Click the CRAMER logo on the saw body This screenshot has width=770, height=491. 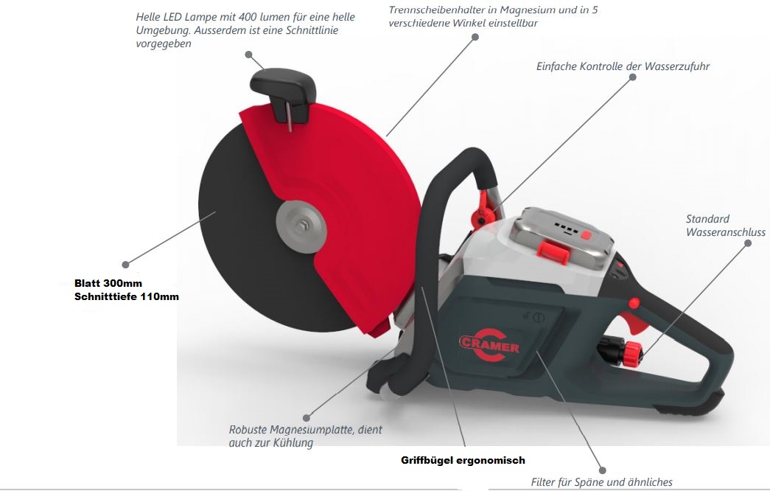click(x=489, y=345)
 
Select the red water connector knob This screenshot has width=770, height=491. click(x=632, y=353)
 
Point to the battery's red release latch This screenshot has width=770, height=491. click(x=553, y=251)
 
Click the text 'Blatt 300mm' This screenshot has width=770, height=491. click(x=108, y=283)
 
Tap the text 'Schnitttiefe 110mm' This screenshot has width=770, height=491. click(x=127, y=296)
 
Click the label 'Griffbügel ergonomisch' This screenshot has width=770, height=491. click(x=463, y=461)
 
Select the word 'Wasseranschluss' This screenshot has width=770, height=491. click(x=725, y=232)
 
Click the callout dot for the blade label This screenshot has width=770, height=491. click(x=126, y=265)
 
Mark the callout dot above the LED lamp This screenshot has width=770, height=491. click(x=248, y=55)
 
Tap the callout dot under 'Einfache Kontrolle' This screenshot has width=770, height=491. click(x=632, y=77)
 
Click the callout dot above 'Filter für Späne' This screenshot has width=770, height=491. click(x=603, y=470)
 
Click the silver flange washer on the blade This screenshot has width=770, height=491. click(x=301, y=226)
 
